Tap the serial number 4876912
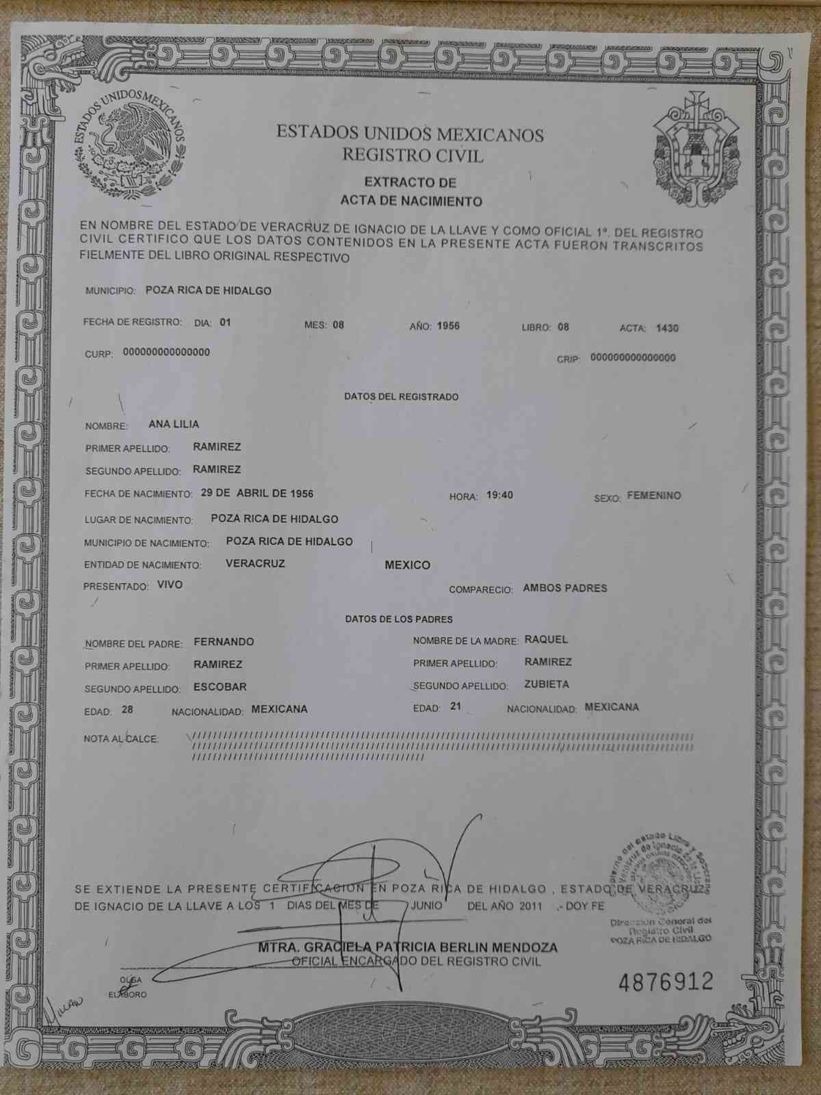[665, 983]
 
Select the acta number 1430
[666, 328]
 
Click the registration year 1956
[448, 326]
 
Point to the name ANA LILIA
[174, 424]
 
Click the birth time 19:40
[499, 495]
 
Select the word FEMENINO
[653, 495]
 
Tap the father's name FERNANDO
[224, 642]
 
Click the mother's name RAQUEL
[546, 640]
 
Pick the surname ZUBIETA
[547, 684]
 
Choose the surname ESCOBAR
[220, 686]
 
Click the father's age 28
[127, 710]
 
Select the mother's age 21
[456, 707]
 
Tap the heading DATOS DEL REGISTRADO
[401, 397]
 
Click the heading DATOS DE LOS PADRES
[399, 619]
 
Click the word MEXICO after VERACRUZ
[407, 565]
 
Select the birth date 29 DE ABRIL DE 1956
[257, 493]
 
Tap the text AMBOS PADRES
[564, 588]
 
